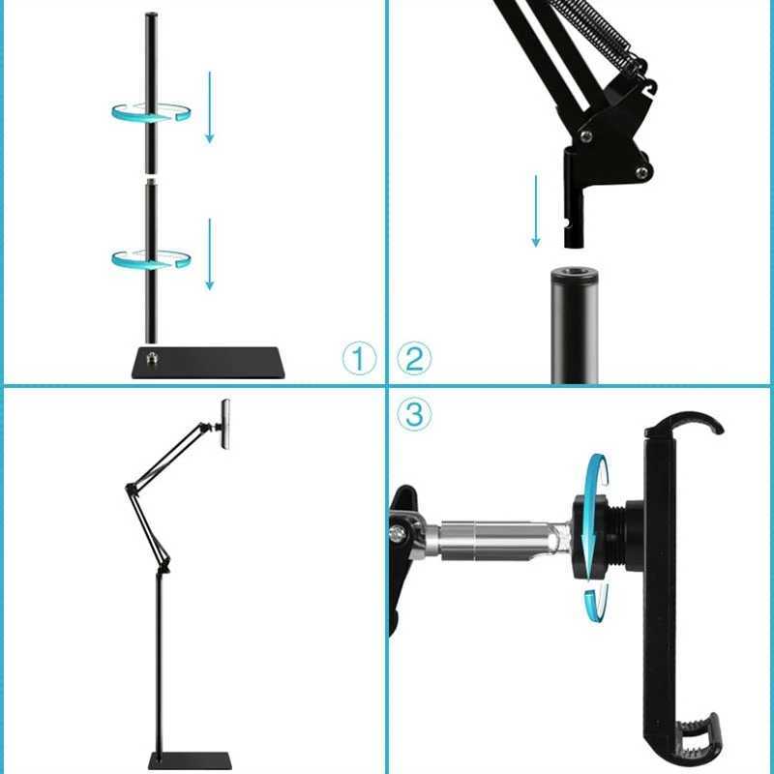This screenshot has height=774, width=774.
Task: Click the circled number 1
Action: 358,360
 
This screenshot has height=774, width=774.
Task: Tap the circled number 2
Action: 415,360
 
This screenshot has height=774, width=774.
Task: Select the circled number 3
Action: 415,414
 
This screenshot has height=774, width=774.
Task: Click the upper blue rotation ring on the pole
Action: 150,111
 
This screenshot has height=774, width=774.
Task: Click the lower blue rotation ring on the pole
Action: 150,257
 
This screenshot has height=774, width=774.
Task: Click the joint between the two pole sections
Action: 150,179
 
